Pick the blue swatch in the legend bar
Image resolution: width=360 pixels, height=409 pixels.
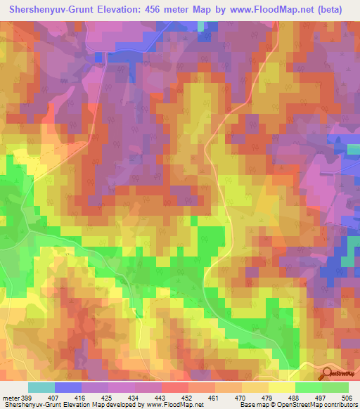coord(68,387)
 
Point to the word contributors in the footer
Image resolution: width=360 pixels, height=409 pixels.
coord(340,405)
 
